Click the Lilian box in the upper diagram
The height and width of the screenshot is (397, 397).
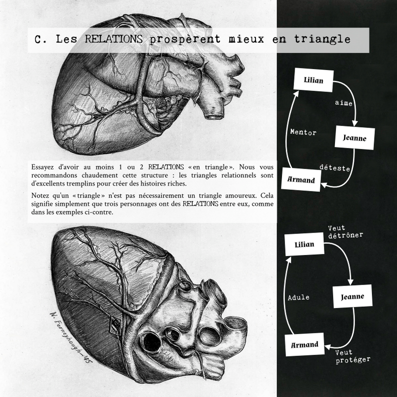click(x=313, y=80)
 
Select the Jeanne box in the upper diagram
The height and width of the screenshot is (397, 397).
click(x=354, y=138)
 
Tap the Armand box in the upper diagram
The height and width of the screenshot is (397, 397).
click(x=301, y=180)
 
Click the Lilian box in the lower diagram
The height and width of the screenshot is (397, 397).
click(x=304, y=244)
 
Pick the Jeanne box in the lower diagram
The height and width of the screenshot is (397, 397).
click(x=352, y=296)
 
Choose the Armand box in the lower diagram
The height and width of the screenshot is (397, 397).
click(x=304, y=344)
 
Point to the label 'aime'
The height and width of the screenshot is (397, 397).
click(x=344, y=102)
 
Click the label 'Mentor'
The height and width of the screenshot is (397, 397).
click(x=303, y=132)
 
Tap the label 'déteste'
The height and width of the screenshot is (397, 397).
click(x=334, y=168)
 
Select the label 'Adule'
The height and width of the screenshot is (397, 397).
click(x=298, y=297)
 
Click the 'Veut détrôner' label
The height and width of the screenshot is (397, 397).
click(x=345, y=231)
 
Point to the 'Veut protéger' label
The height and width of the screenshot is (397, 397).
click(x=350, y=356)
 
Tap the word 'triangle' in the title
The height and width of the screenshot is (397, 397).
click(x=321, y=39)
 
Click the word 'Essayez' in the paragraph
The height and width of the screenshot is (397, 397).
click(x=43, y=166)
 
